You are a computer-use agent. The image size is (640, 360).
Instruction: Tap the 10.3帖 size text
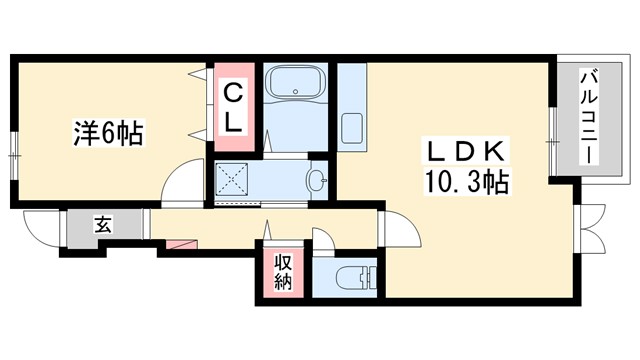click(x=466, y=184)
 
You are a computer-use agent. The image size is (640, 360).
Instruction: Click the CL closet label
click(x=233, y=107)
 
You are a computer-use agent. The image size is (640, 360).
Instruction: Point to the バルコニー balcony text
click(x=590, y=117)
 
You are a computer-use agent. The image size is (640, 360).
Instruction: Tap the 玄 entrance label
click(x=103, y=224)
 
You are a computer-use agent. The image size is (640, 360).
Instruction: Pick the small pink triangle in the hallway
click(x=181, y=243)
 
